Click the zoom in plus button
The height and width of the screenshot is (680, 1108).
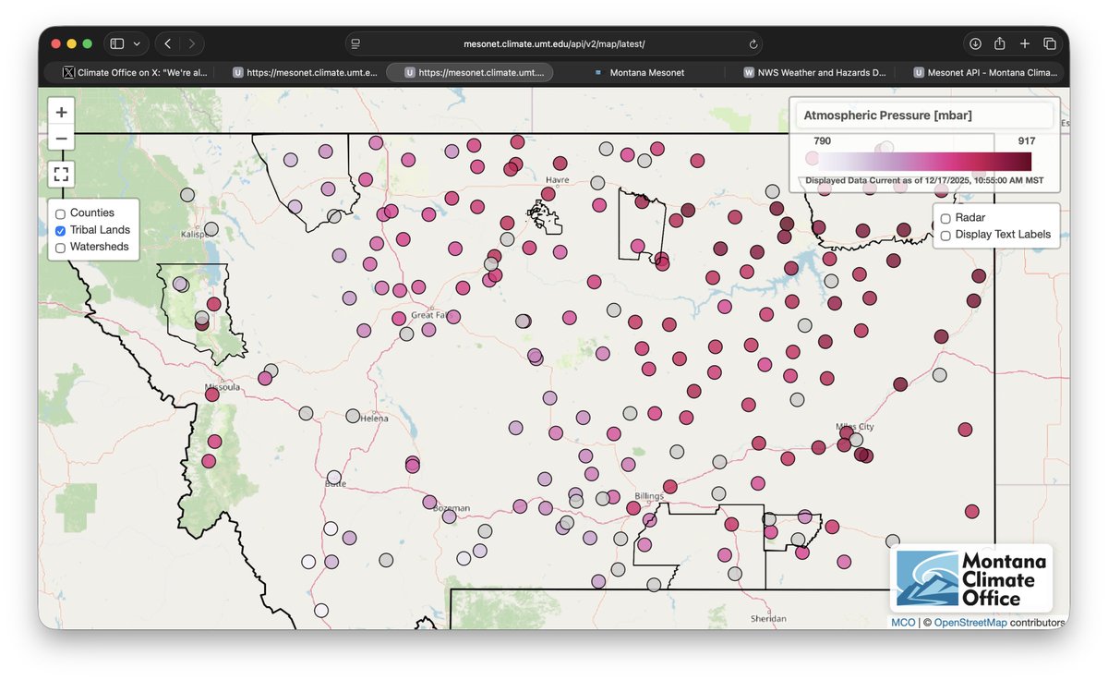(61, 112)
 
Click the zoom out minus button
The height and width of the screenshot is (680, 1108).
(61, 140)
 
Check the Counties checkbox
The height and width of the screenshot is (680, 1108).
(61, 213)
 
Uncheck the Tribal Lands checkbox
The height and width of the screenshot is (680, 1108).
(61, 230)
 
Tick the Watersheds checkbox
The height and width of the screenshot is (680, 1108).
(61, 248)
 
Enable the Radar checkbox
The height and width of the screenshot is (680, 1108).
(945, 218)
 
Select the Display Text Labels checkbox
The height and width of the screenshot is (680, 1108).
(945, 236)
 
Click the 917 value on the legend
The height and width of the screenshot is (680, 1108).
(1026, 141)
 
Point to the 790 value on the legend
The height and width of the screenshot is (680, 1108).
(822, 141)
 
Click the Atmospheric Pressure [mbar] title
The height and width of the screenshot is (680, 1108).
(887, 115)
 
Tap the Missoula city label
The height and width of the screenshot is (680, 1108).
(223, 387)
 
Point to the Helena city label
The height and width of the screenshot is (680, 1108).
(374, 419)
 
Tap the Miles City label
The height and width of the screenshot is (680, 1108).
(854, 427)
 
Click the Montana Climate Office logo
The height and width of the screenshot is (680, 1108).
(971, 579)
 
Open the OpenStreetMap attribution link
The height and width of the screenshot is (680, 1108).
(970, 623)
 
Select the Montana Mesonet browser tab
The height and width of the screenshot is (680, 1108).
(646, 72)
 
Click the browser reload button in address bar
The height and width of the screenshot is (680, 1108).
(753, 43)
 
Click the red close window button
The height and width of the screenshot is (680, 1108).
(56, 43)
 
